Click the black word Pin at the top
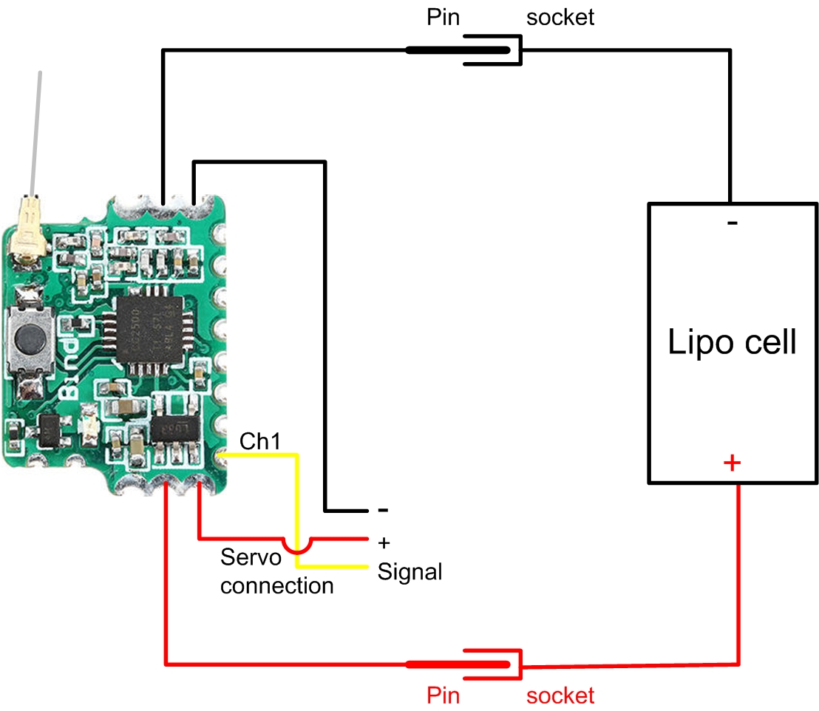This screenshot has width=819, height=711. pos(443,17)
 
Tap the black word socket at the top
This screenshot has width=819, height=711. pos(560,17)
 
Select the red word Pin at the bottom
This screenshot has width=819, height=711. pos(444,695)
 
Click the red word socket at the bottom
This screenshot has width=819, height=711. pos(560,695)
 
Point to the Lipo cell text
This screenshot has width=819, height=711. pos(732,342)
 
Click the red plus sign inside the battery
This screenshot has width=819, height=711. pos(732,463)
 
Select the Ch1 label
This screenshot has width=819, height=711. pos(260,441)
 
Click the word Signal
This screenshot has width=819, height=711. pos(409,571)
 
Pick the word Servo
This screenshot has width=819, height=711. pos(251,557)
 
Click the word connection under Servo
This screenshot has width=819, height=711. pos(277,586)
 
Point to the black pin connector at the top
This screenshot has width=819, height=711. pos(458,50)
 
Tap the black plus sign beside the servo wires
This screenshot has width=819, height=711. pos(384,542)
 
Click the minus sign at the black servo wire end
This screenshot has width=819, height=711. pos(383,511)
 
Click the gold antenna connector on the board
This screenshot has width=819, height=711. pos(28,233)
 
